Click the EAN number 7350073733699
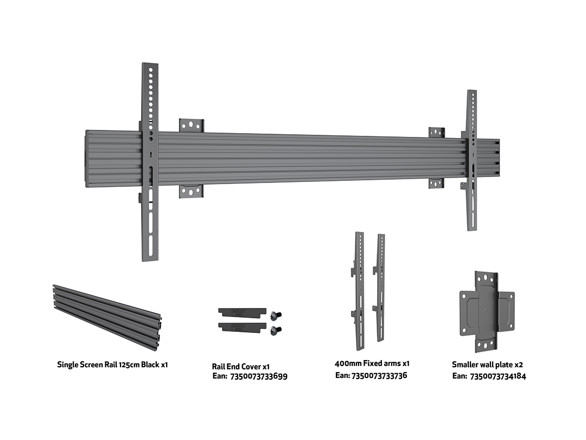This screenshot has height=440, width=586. (259, 376)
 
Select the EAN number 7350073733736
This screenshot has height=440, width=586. (379, 375)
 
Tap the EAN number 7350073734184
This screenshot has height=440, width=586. (498, 376)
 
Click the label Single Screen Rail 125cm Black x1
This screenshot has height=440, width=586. (112, 364)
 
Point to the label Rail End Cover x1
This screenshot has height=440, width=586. (241, 367)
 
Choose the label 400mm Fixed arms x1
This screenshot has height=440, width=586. (372, 363)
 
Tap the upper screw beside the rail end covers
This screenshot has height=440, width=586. (277, 315)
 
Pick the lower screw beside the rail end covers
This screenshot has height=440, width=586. (277, 329)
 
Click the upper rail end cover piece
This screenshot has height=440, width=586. (242, 312)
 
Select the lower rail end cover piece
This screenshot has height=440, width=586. (242, 326)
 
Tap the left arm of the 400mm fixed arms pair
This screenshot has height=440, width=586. (359, 291)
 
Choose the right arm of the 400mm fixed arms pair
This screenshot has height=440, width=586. (381, 288)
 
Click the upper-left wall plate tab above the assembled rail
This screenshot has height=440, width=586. (192, 125)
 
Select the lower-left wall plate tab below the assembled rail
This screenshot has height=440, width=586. (192, 191)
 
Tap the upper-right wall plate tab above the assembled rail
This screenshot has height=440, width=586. (436, 132)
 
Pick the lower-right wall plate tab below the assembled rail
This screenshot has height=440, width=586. (436, 183)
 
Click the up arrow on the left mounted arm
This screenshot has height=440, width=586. (150, 154)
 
